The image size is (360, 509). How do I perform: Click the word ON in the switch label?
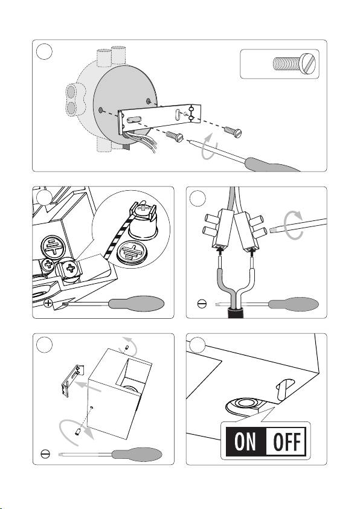coord(245,441)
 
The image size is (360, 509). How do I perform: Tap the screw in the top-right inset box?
coord(294,63)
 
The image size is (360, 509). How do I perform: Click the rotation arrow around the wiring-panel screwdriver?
coord(293,225)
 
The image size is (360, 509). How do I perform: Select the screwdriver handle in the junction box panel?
coord(271,165)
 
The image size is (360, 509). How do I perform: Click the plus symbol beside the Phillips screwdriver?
coord(48,304)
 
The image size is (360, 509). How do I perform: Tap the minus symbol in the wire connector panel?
coord(202,304)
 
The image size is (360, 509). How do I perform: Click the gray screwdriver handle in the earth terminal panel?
coord(137,304)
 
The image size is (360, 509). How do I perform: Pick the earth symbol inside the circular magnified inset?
coord(132,252)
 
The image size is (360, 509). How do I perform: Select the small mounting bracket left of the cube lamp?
coord(72,380)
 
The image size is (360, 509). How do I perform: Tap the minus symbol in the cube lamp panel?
coord(45,454)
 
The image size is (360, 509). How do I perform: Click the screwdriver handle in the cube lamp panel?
coord(137,454)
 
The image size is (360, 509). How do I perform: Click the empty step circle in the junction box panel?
coord(44,51)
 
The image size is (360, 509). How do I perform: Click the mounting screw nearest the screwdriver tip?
coord(175,136)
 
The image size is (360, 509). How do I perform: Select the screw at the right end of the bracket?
coord(233,132)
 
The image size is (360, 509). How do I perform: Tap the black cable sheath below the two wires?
coord(236,313)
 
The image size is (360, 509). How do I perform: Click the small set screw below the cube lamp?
coord(77,432)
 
